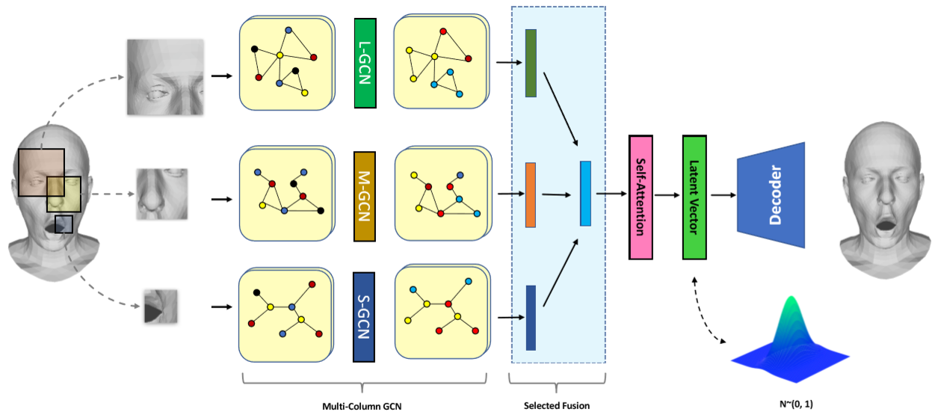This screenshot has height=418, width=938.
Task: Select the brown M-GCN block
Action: tap(364, 196)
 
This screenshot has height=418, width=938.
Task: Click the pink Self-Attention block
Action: tap(641, 197)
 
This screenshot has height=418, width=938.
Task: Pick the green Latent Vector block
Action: tap(694, 197)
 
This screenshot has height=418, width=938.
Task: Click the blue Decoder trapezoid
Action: tap(771, 195)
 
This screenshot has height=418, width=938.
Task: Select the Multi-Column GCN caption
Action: tap(362, 406)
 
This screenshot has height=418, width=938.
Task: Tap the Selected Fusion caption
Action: tap(557, 406)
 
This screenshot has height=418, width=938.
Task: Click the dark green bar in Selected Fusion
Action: tap(531, 64)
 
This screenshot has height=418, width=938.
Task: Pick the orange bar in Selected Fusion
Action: tap(531, 194)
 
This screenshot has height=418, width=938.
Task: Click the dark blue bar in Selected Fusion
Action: tap(531, 317)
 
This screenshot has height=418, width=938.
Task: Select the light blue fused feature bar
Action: tap(585, 193)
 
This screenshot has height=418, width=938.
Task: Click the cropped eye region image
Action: tap(165, 77)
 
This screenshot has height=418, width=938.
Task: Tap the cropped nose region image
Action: tap(161, 194)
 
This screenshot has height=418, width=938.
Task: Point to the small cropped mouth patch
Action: tap(161, 306)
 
